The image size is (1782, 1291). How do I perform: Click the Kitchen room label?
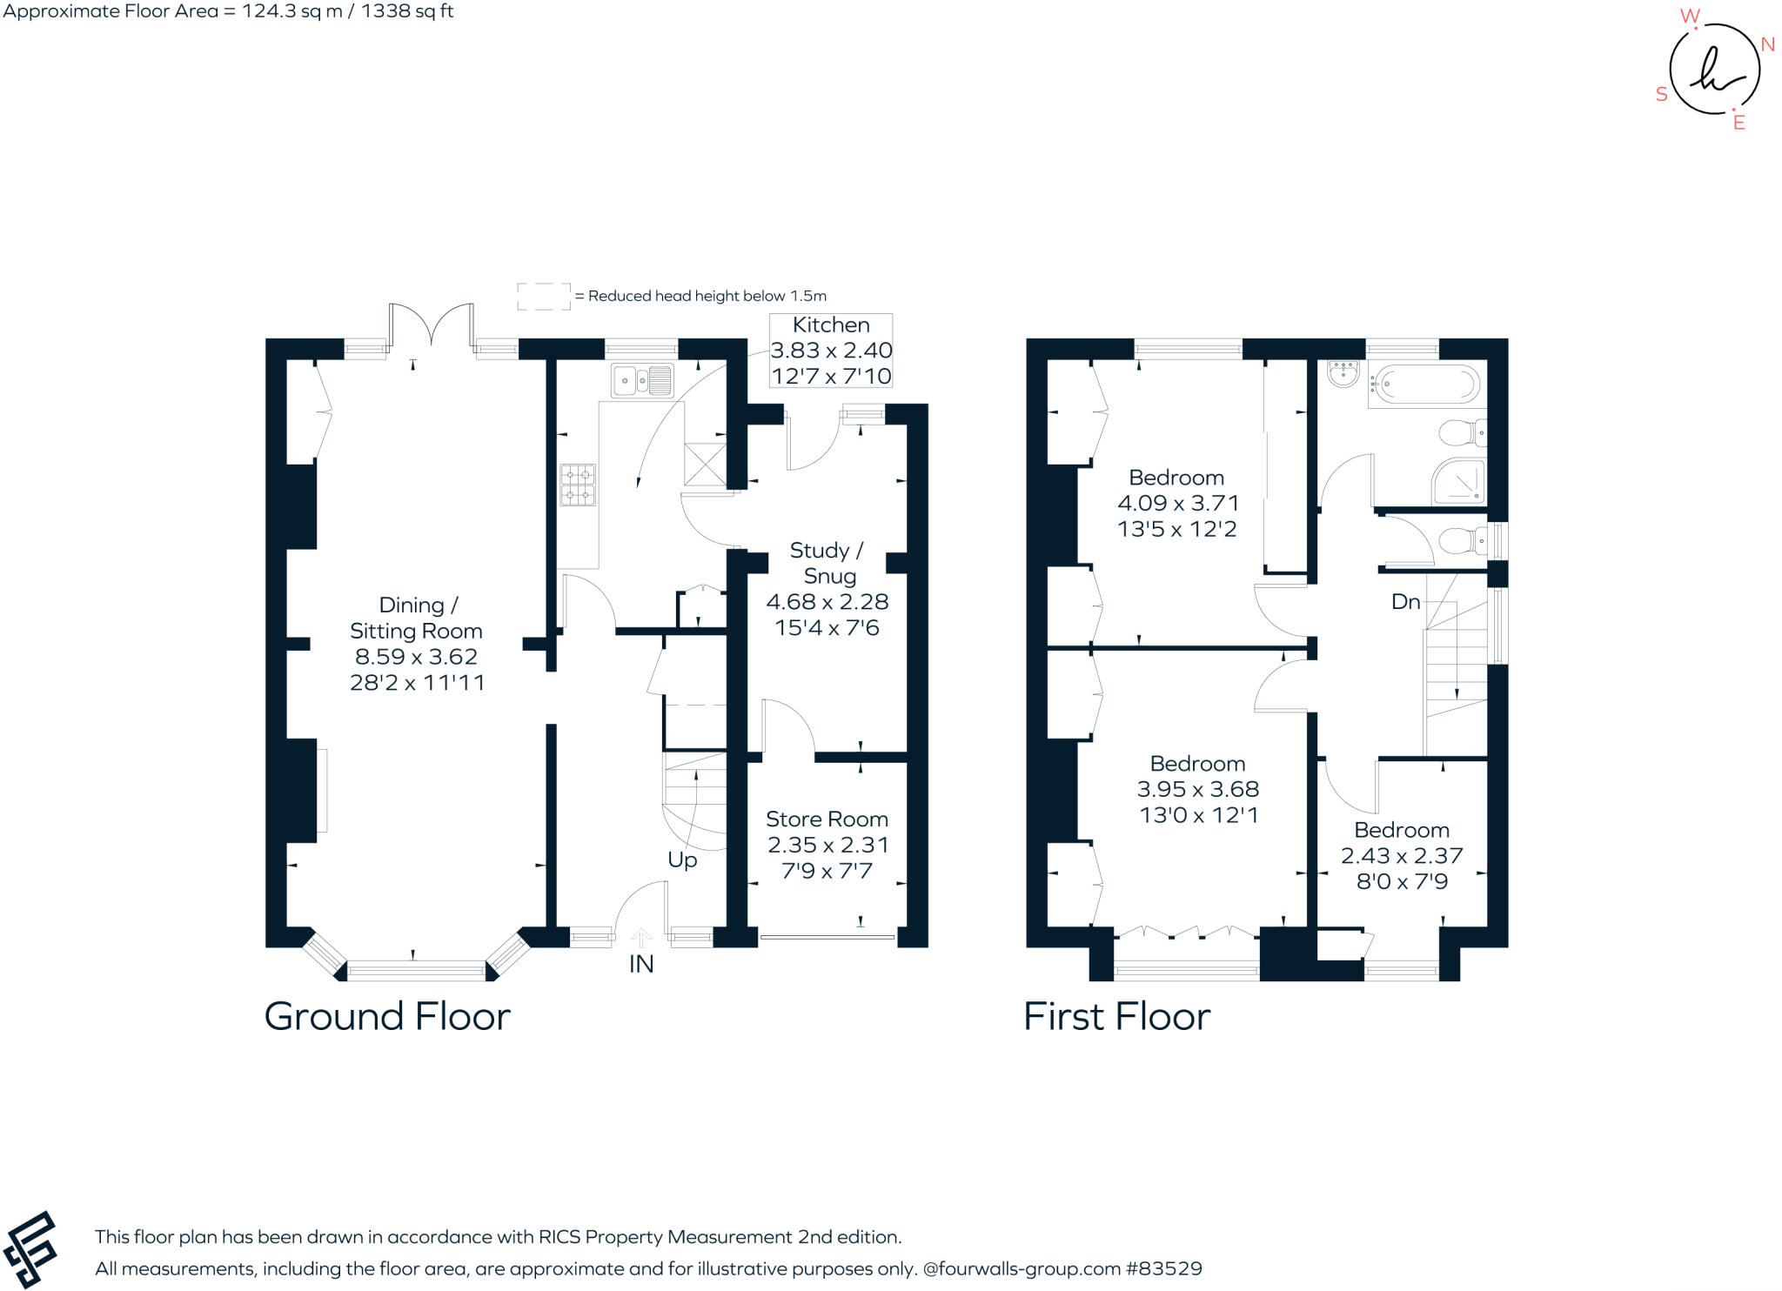pyautogui.click(x=831, y=325)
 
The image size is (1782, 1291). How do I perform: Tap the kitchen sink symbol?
pyautogui.click(x=642, y=380)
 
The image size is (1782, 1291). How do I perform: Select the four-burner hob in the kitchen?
pyautogui.click(x=578, y=485)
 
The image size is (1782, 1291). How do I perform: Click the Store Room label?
pyautogui.click(x=827, y=819)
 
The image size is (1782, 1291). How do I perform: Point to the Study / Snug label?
pyautogui.click(x=827, y=563)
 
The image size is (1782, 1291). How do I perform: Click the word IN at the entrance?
pyautogui.click(x=641, y=964)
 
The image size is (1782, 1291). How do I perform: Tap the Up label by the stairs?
pyautogui.click(x=682, y=860)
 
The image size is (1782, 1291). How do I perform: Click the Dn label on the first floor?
pyautogui.click(x=1405, y=601)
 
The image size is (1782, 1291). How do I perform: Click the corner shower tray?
pyautogui.click(x=1459, y=481)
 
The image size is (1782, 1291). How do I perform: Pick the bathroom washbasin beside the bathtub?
pyautogui.click(x=1343, y=374)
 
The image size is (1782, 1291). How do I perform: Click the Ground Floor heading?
pyautogui.click(x=387, y=1016)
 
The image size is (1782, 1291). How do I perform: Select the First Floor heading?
pyautogui.click(x=1116, y=1016)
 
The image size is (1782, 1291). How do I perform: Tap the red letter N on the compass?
pyautogui.click(x=1767, y=44)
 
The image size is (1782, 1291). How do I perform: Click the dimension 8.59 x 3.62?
pyautogui.click(x=416, y=657)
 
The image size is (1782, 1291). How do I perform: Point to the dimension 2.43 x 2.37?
pyautogui.click(x=1402, y=856)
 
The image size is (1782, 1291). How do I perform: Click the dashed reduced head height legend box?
pyautogui.click(x=544, y=296)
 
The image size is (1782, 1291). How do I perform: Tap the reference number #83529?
pyautogui.click(x=1163, y=1268)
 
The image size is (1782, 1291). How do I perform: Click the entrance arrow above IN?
pyautogui.click(x=641, y=938)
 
